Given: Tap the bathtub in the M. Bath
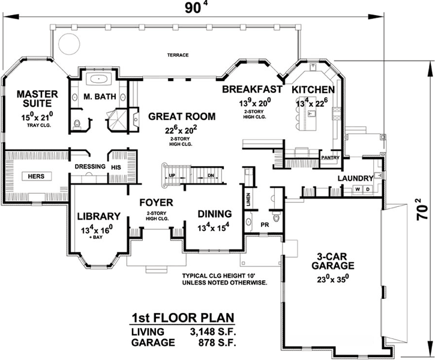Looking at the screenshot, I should pos(98,79).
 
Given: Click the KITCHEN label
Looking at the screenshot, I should pos(313,89).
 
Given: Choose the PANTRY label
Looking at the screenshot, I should pos(331,158).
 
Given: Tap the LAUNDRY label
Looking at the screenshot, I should pos(355,178).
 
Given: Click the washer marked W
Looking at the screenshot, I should pos(358,190).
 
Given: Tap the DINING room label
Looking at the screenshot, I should pos(214,214).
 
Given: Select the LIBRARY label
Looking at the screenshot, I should pos(99,216).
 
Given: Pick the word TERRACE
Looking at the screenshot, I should pos(178,55).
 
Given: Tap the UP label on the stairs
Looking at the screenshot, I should pos(172,175).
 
